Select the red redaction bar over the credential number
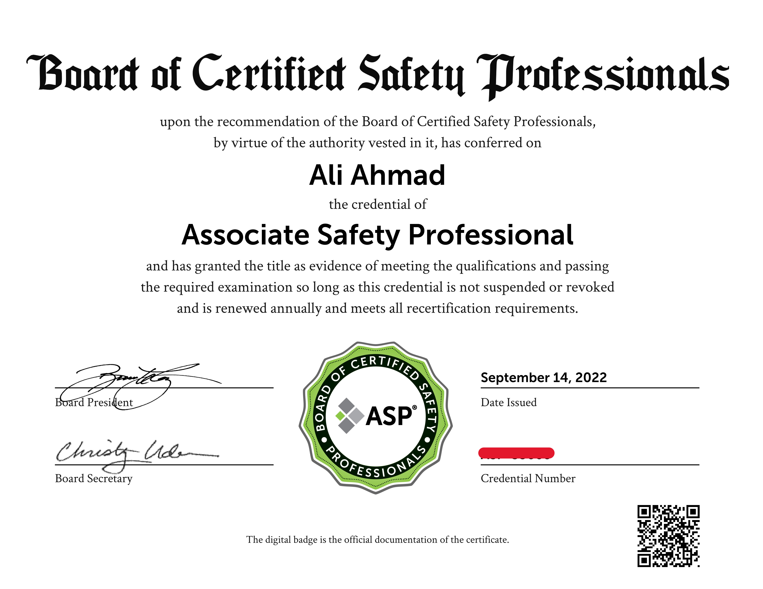[516, 453]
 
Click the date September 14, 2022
[544, 378]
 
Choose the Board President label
[94, 402]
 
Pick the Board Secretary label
[94, 478]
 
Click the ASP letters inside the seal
[389, 416]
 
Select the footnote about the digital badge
[377, 540]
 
